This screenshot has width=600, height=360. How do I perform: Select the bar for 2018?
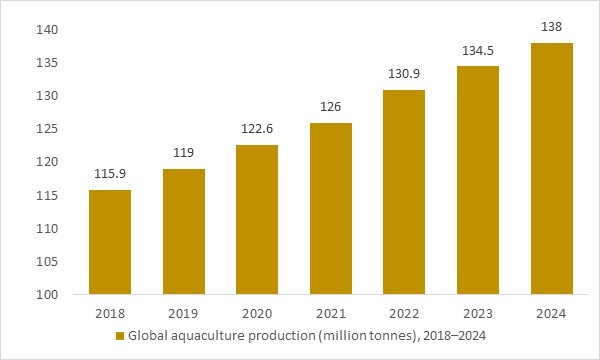click(109, 242)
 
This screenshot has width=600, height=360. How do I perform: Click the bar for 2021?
click(330, 209)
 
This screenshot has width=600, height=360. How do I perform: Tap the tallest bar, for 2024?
click(551, 169)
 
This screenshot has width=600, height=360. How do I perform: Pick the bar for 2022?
click(404, 192)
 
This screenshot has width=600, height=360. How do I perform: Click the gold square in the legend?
click(120, 336)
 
